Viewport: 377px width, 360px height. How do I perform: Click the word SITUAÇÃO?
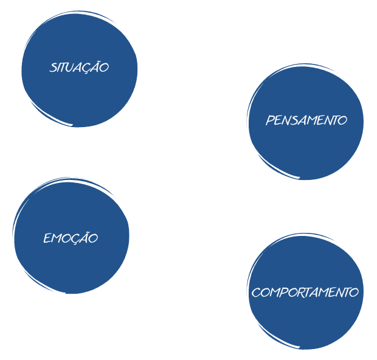pyautogui.click(x=79, y=67)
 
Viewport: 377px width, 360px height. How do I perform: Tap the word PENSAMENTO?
pyautogui.click(x=306, y=120)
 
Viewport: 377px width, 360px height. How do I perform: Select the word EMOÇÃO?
pyautogui.click(x=71, y=238)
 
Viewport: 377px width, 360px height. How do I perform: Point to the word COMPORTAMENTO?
pyautogui.click(x=305, y=292)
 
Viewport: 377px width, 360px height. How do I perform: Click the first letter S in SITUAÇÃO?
pyautogui.click(x=53, y=67)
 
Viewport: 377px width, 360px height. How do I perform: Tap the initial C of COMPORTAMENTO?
pyautogui.click(x=256, y=292)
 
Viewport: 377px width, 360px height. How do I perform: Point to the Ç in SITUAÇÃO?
pyautogui.click(x=92, y=67)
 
